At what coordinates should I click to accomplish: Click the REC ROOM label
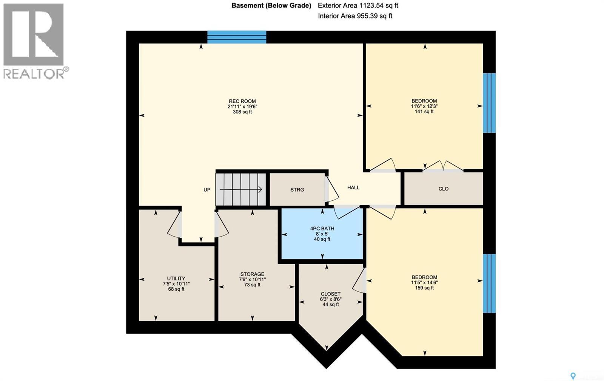[242, 101]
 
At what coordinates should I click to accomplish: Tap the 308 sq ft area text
[242, 112]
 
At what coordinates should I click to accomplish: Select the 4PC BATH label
[322, 228]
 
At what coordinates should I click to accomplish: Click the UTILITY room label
[176, 278]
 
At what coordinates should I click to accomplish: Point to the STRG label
[297, 190]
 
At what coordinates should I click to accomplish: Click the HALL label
[353, 187]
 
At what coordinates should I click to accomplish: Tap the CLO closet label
[443, 189]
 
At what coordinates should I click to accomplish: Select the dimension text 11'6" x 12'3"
[424, 106]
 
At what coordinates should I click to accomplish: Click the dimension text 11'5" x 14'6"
[424, 282]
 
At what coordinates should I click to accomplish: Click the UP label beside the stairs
[207, 190]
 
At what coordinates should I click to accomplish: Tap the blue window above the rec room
[237, 37]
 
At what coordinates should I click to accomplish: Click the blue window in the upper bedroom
[489, 103]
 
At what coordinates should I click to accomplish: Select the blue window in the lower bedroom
[489, 283]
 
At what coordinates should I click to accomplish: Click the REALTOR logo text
[34, 73]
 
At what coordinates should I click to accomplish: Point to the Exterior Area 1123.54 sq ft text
[358, 5]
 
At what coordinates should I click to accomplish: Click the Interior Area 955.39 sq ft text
[355, 16]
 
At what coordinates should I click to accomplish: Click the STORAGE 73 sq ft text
[252, 285]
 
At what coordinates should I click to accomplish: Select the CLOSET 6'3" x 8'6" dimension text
[330, 299]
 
